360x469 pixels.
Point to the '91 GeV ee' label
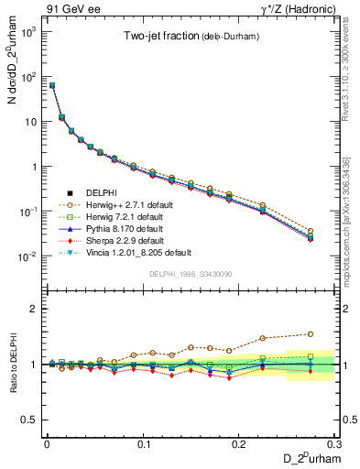(68, 8)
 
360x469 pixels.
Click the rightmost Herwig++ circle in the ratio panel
(310, 334)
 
